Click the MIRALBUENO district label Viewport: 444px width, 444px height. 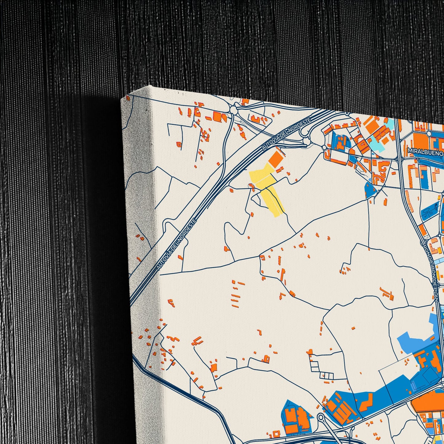pyautogui.click(x=426, y=151)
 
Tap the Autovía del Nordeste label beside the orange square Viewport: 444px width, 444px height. pyautogui.click(x=286, y=134)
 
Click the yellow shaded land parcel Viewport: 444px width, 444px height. pyautogui.click(x=267, y=191)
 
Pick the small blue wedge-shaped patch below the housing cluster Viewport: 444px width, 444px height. pyautogui.click(x=370, y=190)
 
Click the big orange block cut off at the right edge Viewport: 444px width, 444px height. pyautogui.click(x=429, y=401)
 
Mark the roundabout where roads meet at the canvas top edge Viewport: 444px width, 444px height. pyautogui.click(x=234, y=109)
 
